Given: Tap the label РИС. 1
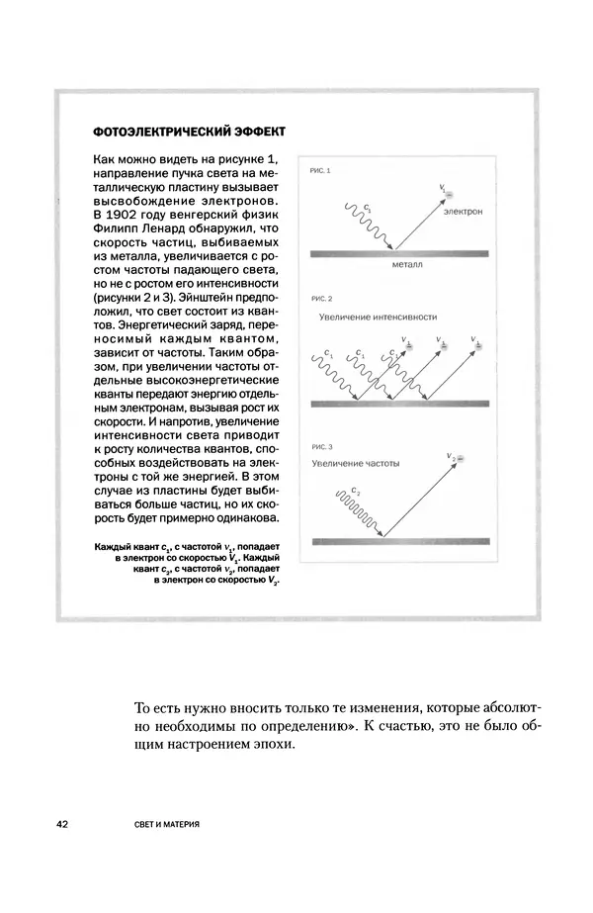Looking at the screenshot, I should pyautogui.click(x=322, y=171).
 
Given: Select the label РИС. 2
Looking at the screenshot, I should pyautogui.click(x=322, y=298).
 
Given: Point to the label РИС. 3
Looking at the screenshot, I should pyautogui.click(x=322, y=446).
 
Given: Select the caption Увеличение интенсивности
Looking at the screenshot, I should pyautogui.click(x=378, y=318).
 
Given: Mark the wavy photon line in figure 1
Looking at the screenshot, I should pyautogui.click(x=374, y=227).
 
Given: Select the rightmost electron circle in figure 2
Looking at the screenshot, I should pyautogui.click(x=483, y=346).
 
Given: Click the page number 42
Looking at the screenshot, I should pyautogui.click(x=63, y=824).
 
